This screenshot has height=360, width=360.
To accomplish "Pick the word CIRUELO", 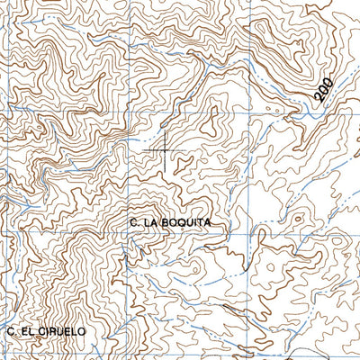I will [61, 331].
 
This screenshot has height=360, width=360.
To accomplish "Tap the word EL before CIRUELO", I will [28, 331].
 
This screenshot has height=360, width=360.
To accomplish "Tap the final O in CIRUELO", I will [81, 331].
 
